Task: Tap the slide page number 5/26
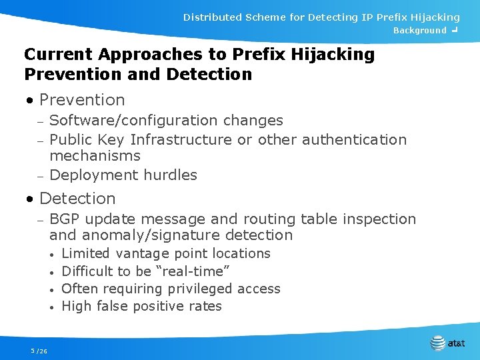point(39,351)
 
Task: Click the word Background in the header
point(419,31)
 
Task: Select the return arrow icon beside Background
point(455,30)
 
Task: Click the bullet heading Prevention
point(82,100)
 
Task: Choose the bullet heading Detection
point(77,199)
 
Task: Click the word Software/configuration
point(127,121)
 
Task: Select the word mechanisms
point(95,156)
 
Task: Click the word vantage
point(143,254)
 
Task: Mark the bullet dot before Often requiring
point(51,289)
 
